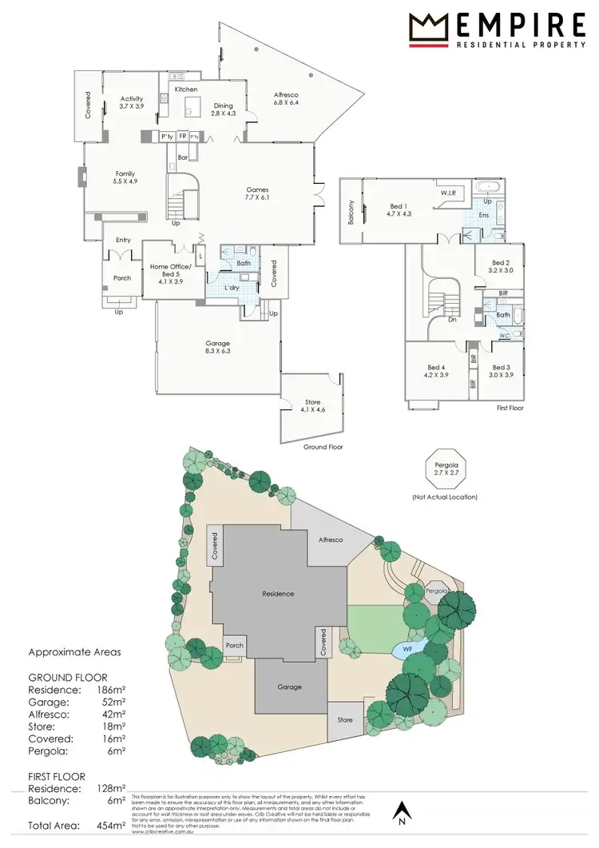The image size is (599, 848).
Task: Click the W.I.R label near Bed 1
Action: (x=448, y=193)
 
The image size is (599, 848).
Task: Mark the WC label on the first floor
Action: (x=505, y=336)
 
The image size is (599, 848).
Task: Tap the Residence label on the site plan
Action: (x=278, y=594)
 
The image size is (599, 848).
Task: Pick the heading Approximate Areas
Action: (x=75, y=651)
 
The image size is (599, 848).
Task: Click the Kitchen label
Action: (x=185, y=90)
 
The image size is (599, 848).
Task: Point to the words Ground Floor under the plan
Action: (x=323, y=447)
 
